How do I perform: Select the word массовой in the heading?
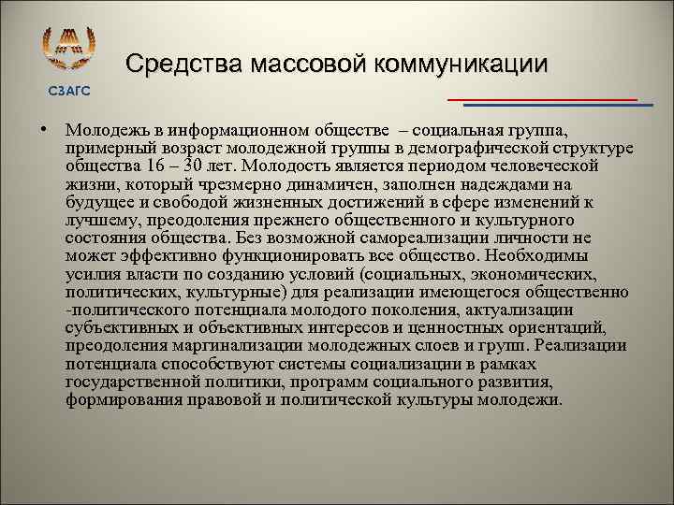click(x=308, y=64)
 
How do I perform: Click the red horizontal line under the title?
click(x=542, y=98)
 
